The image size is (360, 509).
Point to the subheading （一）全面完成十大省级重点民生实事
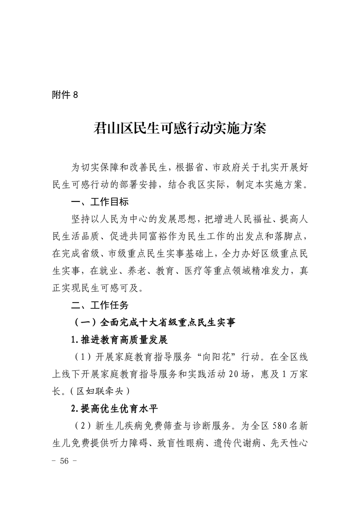pos(154,323)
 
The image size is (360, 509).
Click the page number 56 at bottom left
pos(66,460)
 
